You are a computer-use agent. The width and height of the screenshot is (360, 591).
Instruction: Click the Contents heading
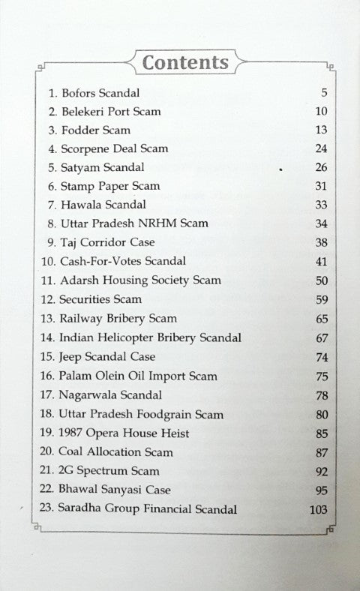pyautogui.click(x=185, y=61)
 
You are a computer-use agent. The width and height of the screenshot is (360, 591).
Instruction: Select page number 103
pyautogui.click(x=318, y=509)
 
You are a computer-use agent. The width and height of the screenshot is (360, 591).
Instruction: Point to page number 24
pyautogui.click(x=322, y=148)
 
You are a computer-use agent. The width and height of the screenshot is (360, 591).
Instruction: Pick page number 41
pyautogui.click(x=322, y=261)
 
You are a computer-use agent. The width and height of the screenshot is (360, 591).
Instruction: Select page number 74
pyautogui.click(x=322, y=357)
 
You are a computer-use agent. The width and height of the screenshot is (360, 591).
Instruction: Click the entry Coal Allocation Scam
pyautogui.click(x=115, y=452)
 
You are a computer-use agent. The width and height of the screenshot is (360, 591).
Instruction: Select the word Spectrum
pyautogui.click(x=106, y=471)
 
